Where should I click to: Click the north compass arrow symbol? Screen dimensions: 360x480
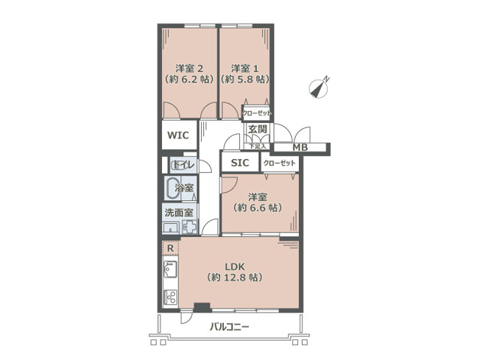point(319,88)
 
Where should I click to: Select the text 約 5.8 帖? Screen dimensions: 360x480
point(244,79)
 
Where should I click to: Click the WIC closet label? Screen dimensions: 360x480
point(178,135)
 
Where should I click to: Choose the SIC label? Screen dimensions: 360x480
point(240,163)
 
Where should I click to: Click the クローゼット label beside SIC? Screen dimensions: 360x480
point(278,163)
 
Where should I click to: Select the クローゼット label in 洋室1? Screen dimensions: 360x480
point(257,113)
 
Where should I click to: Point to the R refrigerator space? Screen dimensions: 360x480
point(170,249)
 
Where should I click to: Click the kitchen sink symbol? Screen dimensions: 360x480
point(169,275)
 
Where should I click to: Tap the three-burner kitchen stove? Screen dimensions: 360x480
point(169,299)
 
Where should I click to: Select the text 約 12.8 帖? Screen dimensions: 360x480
point(234,278)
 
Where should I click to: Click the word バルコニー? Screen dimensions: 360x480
point(229,326)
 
